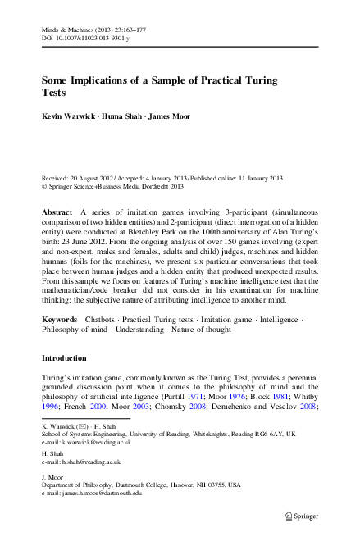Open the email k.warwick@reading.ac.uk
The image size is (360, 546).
coord(98,442)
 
